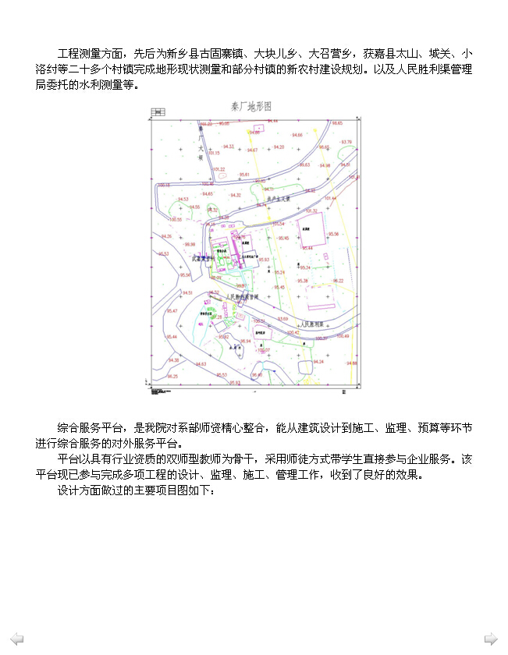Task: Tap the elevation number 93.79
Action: click(x=346, y=142)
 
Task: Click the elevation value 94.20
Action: click(x=279, y=147)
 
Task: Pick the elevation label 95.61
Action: click(x=244, y=175)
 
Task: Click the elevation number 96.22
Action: click(x=338, y=281)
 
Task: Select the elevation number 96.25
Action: click(x=172, y=377)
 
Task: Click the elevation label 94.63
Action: click(x=201, y=364)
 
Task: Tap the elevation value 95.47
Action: click(x=171, y=311)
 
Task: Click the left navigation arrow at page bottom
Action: click(x=16, y=639)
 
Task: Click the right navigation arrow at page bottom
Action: click(x=491, y=639)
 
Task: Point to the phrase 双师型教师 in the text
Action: click(x=214, y=459)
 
